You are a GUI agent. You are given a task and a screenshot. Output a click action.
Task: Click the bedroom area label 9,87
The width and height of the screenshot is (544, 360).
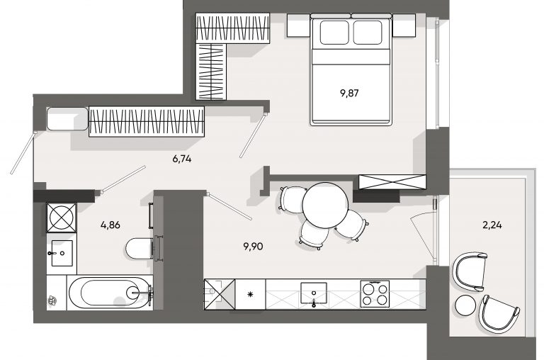(x=349, y=93)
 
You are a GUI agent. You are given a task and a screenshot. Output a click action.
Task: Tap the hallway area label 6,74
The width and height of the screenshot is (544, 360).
(x=182, y=159)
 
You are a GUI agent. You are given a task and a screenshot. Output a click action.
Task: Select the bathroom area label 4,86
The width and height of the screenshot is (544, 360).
(x=110, y=225)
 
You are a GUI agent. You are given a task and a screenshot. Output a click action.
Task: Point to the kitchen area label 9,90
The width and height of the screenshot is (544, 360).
(x=254, y=247)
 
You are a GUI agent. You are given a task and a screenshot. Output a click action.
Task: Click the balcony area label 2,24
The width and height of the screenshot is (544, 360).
(x=492, y=225)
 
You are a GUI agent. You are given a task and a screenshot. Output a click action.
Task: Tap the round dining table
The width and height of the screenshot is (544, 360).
(x=325, y=206)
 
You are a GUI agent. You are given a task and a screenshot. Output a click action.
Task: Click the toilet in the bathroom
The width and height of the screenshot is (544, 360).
(x=139, y=248)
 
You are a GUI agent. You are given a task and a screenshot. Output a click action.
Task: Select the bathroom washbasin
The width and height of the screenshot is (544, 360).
(x=62, y=253)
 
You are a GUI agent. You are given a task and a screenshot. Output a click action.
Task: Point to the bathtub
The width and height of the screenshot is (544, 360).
(x=110, y=292)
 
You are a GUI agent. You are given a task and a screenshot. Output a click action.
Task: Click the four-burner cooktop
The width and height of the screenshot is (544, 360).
(x=375, y=293)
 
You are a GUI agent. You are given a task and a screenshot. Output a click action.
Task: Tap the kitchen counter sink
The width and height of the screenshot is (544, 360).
(x=314, y=293)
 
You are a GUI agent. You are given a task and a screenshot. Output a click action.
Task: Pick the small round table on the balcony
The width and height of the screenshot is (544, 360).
(x=465, y=305)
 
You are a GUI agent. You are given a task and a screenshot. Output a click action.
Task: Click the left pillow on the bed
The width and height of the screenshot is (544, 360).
(x=334, y=33)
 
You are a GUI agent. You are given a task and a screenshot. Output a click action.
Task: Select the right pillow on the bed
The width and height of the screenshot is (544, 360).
(x=368, y=33)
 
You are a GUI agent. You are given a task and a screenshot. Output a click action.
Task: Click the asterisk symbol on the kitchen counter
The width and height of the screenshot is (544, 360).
(x=250, y=295)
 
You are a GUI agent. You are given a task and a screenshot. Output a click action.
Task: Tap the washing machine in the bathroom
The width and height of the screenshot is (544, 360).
(x=62, y=218)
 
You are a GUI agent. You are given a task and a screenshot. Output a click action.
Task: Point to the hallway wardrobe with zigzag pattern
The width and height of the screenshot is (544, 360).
(x=147, y=121)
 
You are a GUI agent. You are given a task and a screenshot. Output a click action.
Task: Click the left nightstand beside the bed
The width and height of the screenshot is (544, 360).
(x=300, y=25)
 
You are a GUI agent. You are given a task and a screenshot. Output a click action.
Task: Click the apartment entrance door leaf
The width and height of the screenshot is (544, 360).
(x=23, y=153)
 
